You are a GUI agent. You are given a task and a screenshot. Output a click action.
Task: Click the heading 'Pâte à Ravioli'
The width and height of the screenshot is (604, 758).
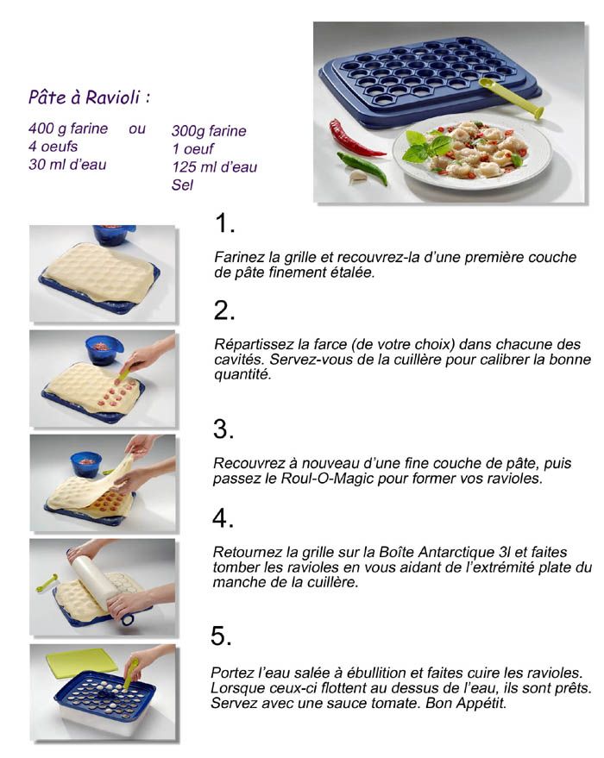tap(85, 97)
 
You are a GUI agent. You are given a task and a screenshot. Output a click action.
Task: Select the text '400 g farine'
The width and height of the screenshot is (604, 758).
tap(68, 128)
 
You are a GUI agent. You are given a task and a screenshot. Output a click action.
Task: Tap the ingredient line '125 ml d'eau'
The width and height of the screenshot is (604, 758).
tap(215, 167)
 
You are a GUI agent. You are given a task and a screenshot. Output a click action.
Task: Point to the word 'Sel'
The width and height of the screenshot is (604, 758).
tap(182, 185)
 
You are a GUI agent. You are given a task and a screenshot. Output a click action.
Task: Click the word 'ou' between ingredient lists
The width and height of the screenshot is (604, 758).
tap(137, 129)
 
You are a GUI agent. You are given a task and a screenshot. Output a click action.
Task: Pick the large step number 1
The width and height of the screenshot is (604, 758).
tap(224, 223)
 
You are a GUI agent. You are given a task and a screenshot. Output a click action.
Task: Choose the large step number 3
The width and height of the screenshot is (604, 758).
tap(223, 429)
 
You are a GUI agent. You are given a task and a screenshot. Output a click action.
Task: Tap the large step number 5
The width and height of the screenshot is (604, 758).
tap(222, 636)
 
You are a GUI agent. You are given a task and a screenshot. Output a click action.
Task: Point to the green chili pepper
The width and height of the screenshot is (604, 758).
tap(362, 167)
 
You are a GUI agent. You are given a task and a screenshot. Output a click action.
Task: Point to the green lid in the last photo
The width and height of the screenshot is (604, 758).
tap(82, 661)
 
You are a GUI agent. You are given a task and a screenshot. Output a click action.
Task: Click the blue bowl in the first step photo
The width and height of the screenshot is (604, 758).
tap(114, 235)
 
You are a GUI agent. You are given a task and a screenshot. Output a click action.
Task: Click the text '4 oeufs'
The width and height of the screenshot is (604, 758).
tap(53, 147)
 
